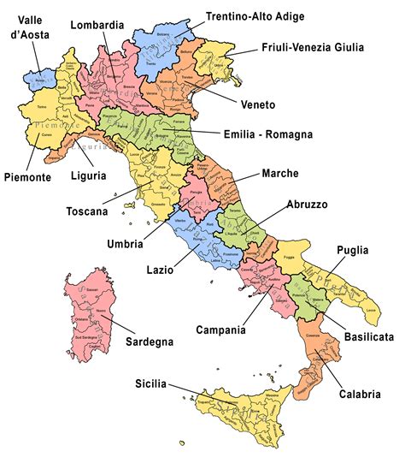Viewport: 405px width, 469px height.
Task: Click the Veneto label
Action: [256, 104]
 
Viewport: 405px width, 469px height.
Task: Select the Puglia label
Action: [352, 250]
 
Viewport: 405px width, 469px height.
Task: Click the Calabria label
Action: [358, 395]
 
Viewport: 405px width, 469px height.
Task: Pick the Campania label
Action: [221, 329]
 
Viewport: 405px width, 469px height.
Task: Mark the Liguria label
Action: [89, 175]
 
